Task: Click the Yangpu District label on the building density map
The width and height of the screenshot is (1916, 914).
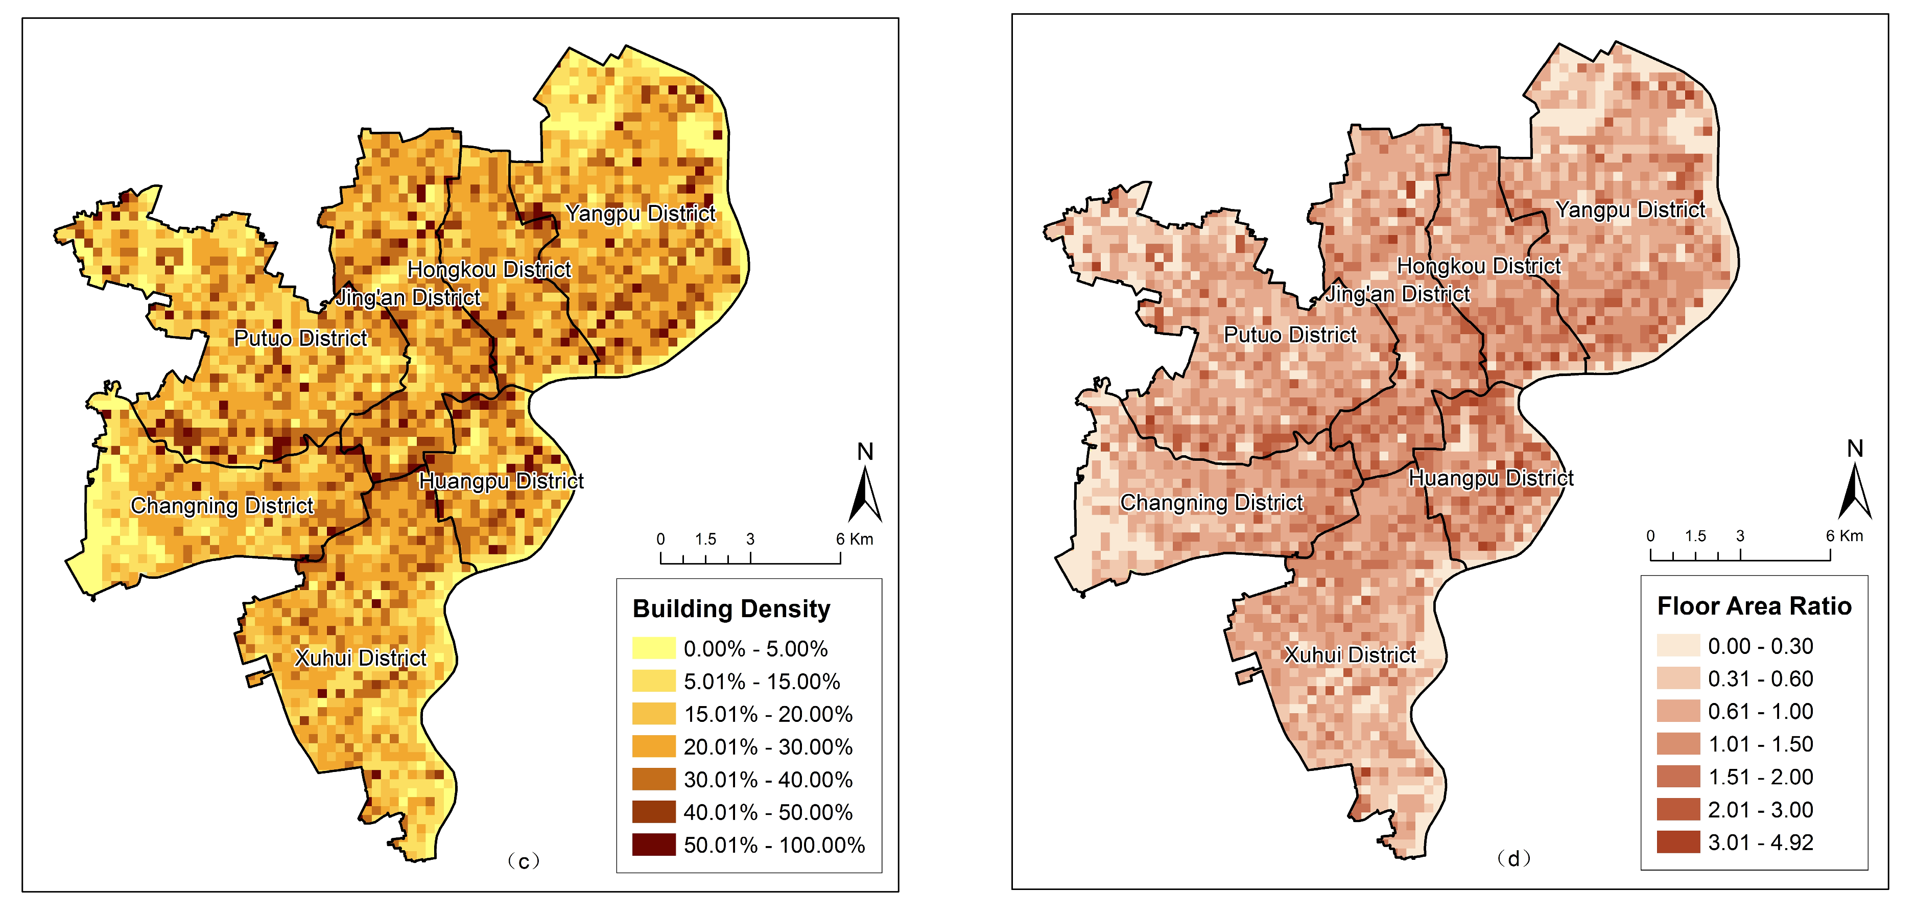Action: (x=641, y=214)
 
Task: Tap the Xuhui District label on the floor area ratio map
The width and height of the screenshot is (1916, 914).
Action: (x=1350, y=655)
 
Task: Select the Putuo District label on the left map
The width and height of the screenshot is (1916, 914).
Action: (x=300, y=338)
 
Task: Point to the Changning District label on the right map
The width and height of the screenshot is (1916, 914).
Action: (x=1212, y=503)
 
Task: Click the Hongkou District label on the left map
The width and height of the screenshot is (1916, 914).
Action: (x=489, y=269)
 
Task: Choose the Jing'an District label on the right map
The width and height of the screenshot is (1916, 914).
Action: (x=1398, y=294)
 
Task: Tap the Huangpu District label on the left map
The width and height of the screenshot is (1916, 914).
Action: (x=501, y=481)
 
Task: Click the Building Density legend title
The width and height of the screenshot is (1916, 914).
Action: (x=731, y=609)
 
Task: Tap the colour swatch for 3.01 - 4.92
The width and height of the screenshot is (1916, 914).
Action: (x=1678, y=842)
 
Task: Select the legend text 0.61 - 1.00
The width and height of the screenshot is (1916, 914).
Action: (x=1760, y=712)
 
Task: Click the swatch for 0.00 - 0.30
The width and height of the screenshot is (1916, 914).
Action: (x=1678, y=646)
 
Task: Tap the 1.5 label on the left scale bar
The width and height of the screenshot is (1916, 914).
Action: (x=705, y=539)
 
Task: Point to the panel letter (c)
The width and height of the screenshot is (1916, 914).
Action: (x=524, y=861)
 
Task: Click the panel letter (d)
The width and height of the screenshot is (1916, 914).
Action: (x=1513, y=859)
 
